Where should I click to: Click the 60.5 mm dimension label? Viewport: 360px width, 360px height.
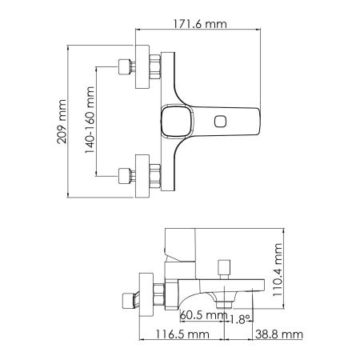point(202,314)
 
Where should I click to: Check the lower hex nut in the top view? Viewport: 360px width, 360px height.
point(154,174)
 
